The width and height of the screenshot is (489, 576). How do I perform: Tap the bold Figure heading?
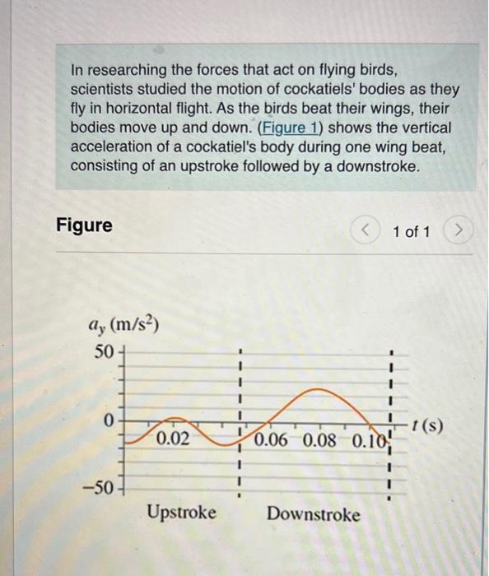click(x=84, y=225)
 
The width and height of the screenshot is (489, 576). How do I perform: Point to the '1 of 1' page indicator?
click(x=411, y=231)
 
